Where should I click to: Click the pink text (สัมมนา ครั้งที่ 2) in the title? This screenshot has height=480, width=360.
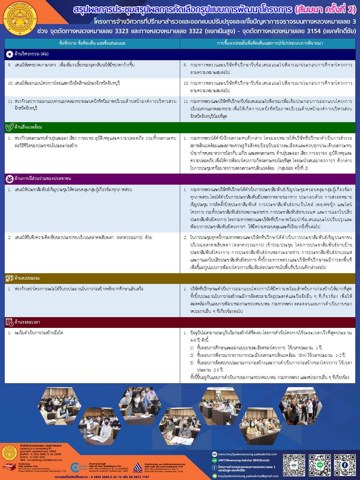(x=323, y=10)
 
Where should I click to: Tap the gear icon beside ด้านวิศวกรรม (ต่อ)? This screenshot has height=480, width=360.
(x=10, y=54)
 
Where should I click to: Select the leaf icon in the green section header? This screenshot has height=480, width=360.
(x=10, y=127)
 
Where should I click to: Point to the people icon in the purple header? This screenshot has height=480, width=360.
(x=10, y=179)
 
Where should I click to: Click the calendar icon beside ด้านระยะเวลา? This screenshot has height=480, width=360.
(x=10, y=322)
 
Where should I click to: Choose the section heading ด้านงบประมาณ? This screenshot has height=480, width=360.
(x=27, y=278)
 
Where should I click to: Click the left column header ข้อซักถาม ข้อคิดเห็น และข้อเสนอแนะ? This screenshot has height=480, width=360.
(x=92, y=43)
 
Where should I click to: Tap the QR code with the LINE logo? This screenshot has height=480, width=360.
(x=320, y=465)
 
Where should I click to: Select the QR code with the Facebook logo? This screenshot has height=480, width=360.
(x=345, y=465)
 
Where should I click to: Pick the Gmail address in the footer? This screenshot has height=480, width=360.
(x=248, y=476)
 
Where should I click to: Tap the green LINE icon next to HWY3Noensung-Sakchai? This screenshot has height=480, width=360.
(x=214, y=461)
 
